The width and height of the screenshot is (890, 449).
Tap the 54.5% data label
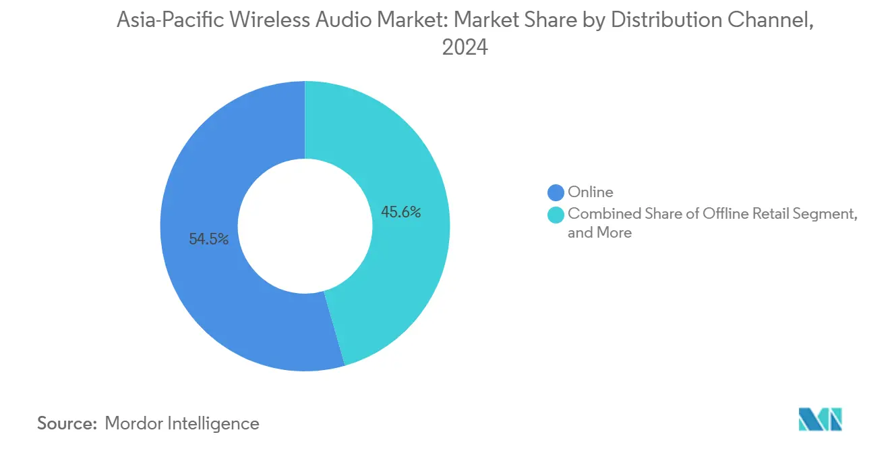208,239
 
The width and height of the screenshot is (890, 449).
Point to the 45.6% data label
401,213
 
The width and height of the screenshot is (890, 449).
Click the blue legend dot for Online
556,192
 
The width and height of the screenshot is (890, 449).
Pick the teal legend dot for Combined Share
556,214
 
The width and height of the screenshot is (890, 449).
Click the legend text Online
591,192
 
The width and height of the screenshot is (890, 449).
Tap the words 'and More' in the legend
599,233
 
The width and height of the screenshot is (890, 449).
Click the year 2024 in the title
465,48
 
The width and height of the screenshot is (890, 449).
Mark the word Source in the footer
67,423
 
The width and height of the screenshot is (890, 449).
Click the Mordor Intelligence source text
182,423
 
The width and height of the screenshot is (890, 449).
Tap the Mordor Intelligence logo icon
820,419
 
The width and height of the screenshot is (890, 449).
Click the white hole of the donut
305,226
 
